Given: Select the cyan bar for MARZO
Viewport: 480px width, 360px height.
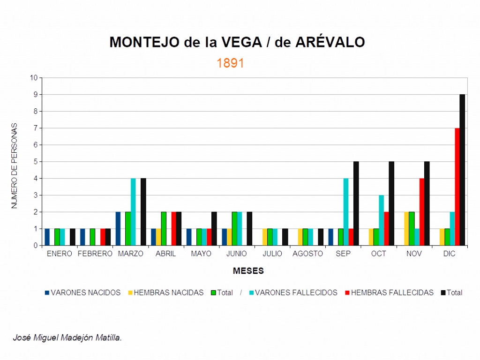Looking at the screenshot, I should pyautogui.click(x=133, y=212).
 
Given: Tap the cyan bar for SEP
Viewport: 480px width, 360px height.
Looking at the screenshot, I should pyautogui.click(x=346, y=212).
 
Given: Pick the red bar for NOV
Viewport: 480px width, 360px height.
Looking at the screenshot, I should pyautogui.click(x=421, y=212).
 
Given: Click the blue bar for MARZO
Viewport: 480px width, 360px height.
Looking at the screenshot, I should pyautogui.click(x=118, y=229).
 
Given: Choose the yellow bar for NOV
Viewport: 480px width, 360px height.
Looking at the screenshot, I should pyautogui.click(x=406, y=229).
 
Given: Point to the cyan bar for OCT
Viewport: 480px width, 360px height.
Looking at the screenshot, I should pyautogui.click(x=381, y=220).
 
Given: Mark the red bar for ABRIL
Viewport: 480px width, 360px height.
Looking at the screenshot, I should pyautogui.click(x=173, y=229).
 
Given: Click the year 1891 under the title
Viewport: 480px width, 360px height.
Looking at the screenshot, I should pyautogui.click(x=230, y=63).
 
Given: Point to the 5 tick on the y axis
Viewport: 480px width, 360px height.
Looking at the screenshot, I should pyautogui.click(x=35, y=162).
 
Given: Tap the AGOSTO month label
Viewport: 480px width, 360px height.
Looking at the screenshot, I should pyautogui.click(x=307, y=254).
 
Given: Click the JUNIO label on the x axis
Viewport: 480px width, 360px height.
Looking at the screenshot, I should pyautogui.click(x=237, y=254).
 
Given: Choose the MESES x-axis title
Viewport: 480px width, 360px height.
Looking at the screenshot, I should pyautogui.click(x=248, y=271).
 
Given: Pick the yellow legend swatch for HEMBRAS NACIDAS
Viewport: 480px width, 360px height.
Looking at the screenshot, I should pyautogui.click(x=130, y=292).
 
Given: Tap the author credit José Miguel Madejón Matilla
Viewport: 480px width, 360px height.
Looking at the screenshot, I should pyautogui.click(x=67, y=337).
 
